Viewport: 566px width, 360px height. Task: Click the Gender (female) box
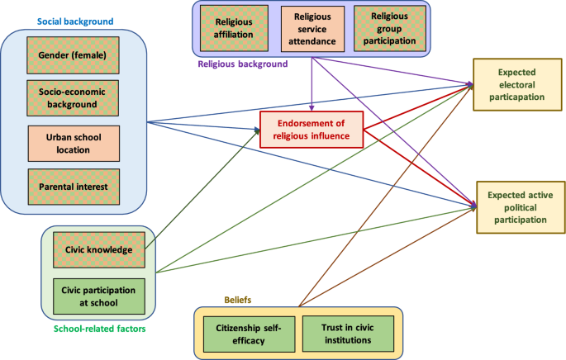click(x=73, y=55)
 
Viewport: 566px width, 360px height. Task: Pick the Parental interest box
click(x=73, y=186)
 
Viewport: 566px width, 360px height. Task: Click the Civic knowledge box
click(x=98, y=249)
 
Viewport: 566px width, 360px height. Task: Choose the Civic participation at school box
click(x=98, y=294)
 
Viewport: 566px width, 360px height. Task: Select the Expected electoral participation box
click(x=516, y=83)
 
